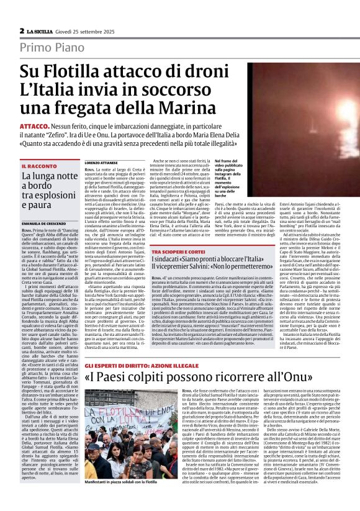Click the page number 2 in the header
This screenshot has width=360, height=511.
click(22, 30)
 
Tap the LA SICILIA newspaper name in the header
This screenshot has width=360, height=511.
click(42, 30)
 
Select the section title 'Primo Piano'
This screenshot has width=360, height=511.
click(52, 48)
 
